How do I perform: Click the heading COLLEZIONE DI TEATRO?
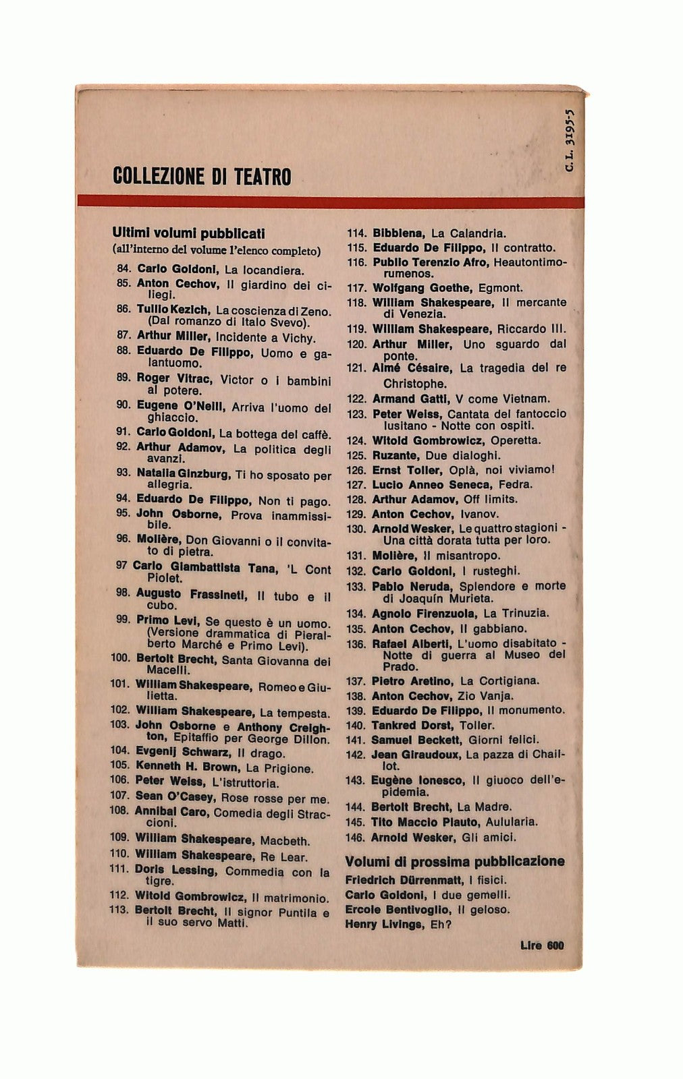click(202, 177)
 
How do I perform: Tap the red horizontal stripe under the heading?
click(331, 202)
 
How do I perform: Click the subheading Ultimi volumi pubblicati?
click(188, 233)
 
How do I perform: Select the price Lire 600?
click(542, 945)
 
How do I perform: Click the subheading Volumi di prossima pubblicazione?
click(455, 861)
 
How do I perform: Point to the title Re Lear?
click(283, 857)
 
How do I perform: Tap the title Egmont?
click(500, 288)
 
